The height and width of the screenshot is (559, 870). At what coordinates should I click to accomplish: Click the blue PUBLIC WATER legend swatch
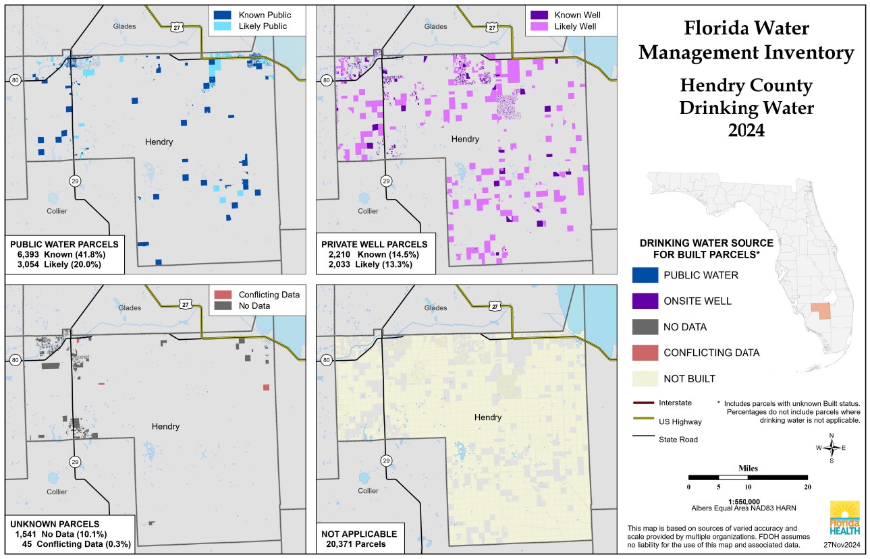pos(645,275)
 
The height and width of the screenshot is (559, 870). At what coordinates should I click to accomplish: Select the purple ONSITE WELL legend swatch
pos(645,301)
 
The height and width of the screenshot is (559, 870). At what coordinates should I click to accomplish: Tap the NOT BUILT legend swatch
pos(645,378)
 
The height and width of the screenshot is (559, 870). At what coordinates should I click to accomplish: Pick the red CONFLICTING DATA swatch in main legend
pos(645,353)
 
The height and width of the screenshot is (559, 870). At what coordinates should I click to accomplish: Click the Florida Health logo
pos(844,519)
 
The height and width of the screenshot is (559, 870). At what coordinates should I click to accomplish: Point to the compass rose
pos(833,448)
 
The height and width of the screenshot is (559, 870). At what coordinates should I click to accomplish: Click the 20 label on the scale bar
pos(807,487)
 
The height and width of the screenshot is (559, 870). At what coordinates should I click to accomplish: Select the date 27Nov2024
pos(841,544)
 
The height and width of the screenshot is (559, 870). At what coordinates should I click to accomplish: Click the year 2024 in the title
pos(746,130)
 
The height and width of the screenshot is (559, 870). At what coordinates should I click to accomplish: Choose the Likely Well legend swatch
pos(537,26)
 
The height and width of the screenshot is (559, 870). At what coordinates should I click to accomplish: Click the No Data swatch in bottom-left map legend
pos(222,306)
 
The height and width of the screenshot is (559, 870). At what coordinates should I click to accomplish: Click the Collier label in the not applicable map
pos(368,491)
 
